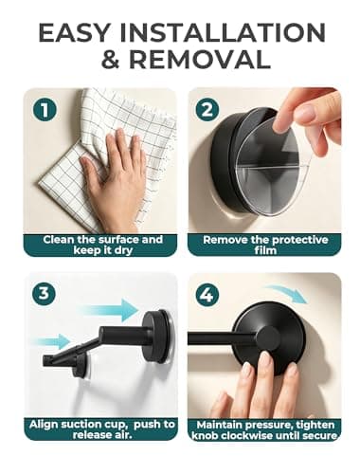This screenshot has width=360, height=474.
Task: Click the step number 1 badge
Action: [x=45, y=110]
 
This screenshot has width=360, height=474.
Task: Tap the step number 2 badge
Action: [x=207, y=110]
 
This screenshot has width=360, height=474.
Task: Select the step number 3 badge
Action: [x=44, y=294]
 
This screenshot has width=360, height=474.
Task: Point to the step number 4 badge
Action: [x=207, y=295]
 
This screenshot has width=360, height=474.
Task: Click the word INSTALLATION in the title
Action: [x=223, y=32]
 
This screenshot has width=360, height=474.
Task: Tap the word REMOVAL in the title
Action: [x=200, y=60]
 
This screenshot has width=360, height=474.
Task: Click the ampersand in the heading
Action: [x=111, y=60]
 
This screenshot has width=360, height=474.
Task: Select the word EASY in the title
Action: [x=74, y=32]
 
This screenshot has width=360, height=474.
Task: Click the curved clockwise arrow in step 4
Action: [x=287, y=293]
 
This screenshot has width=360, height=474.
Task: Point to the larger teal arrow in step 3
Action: [x=109, y=310]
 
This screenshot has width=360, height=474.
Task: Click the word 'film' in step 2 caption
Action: [x=265, y=250]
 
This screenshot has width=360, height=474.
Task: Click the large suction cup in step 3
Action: [x=158, y=336]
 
